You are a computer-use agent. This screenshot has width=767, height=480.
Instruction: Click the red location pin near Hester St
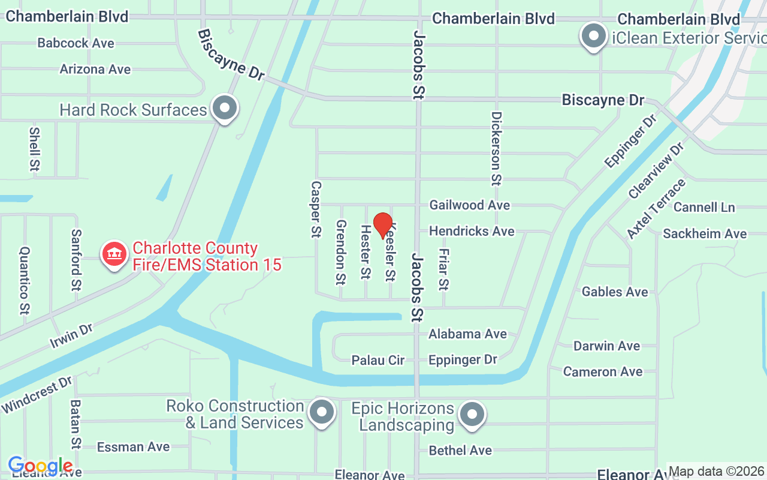[x=383, y=225]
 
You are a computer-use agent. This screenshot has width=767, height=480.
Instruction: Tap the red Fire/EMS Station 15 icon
[x=114, y=254]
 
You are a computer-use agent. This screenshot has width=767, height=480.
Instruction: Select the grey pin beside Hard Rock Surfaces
[x=225, y=109]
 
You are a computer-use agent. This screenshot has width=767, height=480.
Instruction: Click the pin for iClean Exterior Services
[x=594, y=36]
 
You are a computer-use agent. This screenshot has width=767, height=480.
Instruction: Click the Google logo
[x=40, y=466]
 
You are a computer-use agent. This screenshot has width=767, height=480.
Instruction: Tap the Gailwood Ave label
[x=469, y=205]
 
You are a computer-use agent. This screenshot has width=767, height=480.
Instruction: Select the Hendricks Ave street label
[x=472, y=231]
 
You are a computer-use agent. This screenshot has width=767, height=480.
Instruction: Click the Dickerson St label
[x=496, y=148]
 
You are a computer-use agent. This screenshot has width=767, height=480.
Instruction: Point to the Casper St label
[x=316, y=209]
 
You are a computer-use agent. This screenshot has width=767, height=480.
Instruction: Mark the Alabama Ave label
[x=467, y=334]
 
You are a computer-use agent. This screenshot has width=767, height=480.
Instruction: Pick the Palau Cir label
[x=378, y=360]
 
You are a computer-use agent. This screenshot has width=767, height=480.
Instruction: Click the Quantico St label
[x=25, y=280]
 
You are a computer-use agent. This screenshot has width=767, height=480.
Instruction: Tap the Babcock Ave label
[x=76, y=43]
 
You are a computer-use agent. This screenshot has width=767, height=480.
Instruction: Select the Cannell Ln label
[x=704, y=208]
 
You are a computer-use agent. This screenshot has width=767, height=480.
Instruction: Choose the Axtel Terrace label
[x=656, y=209]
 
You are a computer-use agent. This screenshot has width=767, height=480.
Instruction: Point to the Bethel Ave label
[x=460, y=450]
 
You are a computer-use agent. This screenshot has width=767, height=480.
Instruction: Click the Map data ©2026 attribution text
[x=716, y=472]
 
